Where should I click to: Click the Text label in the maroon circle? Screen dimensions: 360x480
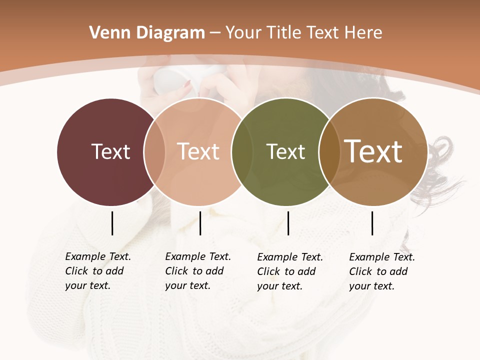tap(110, 151)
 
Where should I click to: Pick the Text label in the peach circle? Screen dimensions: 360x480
tap(198, 151)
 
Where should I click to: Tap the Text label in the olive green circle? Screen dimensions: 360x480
tap(285, 151)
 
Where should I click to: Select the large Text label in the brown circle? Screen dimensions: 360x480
tap(373, 151)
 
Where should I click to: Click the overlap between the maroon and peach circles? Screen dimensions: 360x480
tap(154, 151)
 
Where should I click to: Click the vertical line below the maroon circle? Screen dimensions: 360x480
tap(112, 223)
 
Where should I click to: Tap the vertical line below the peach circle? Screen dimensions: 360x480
tap(200, 223)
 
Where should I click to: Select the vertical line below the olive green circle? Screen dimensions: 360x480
tap(288, 223)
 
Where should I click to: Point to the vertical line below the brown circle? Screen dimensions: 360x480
tap(372, 223)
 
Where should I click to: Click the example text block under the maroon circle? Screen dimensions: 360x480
tap(97, 271)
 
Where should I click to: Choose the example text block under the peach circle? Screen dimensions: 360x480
tap(197, 271)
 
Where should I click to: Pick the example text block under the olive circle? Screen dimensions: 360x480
tap(289, 271)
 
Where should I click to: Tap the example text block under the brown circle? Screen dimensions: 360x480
tap(381, 271)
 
